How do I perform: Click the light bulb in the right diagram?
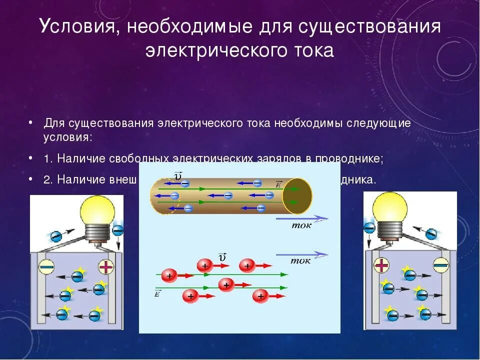point(390,207)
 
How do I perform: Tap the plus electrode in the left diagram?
point(106,266)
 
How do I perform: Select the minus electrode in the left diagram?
point(47,266)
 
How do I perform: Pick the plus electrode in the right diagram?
point(381,265)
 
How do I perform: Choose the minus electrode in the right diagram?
point(440,264)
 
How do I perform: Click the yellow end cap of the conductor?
point(297,195)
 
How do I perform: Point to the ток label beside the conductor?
point(301,225)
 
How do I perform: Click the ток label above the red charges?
point(300,260)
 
